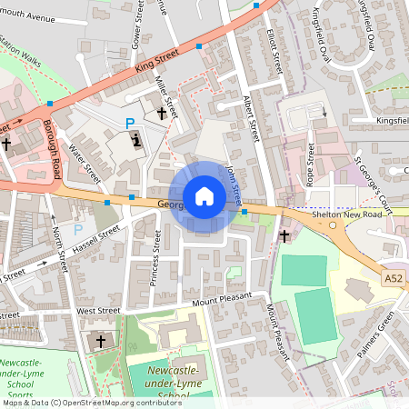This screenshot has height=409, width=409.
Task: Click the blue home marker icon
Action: pos(204,195)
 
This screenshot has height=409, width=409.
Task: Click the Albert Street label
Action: pos(251,119)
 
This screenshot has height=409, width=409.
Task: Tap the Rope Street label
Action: pos(311,165)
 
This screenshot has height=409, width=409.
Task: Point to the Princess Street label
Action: pos(156,257)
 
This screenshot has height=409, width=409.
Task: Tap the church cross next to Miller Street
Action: pos(162,114)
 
